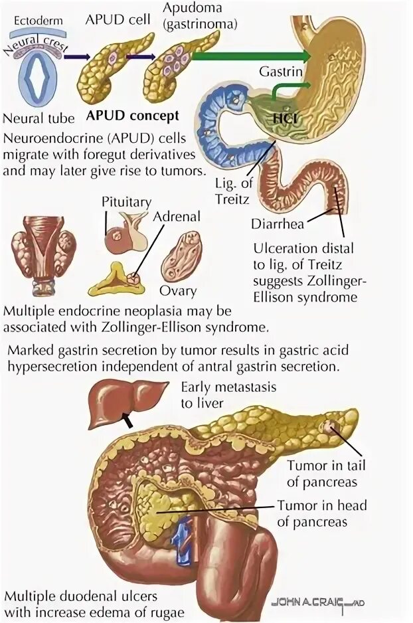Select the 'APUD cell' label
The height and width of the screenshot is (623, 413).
(x=110, y=19)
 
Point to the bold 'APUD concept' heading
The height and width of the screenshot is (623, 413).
(x=132, y=116)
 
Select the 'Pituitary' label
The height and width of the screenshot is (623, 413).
(x=127, y=202)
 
